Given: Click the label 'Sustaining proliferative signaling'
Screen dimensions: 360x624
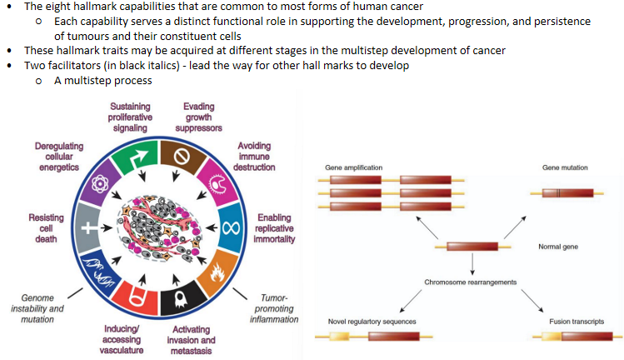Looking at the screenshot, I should pos(129,117).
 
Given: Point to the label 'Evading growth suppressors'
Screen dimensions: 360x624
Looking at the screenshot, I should pos(199,117).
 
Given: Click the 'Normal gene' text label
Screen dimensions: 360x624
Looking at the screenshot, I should pos(559,247).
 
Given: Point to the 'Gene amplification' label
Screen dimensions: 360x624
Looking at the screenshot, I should pos(353,167).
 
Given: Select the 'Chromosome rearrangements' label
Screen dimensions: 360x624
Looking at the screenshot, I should pos(471,282).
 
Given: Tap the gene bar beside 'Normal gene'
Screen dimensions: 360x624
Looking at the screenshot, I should pos(472,247).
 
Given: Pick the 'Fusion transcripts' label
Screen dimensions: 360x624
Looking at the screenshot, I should pos(577,321).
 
